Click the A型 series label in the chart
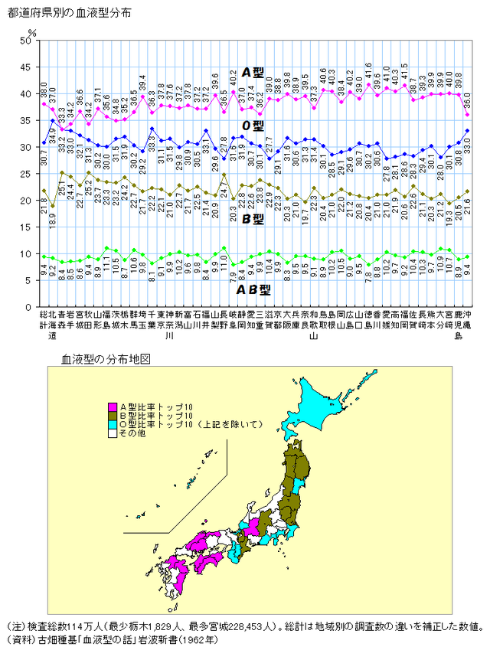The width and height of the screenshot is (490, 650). tap(253, 73)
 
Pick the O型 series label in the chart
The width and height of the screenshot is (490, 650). tap(253, 126)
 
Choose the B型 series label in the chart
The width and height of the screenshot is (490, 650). tap(253, 218)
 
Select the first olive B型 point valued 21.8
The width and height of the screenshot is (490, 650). tap(44, 191)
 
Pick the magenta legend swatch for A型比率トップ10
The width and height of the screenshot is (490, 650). tap(113, 407)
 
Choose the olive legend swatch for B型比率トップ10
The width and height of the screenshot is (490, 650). tap(113, 415)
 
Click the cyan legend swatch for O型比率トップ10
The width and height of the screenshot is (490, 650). tap(113, 423)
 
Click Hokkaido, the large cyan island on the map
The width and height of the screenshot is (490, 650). tap(322, 406)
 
